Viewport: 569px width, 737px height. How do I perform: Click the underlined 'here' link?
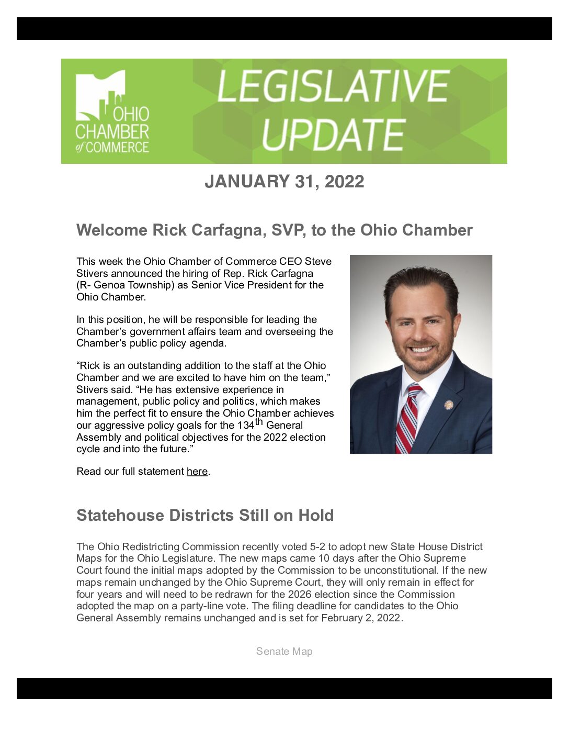[x=197, y=472]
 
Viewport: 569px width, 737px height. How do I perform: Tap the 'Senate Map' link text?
[x=284, y=651]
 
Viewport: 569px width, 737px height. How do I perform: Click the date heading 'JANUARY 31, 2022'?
[x=284, y=182]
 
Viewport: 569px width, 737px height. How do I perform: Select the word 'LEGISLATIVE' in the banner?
[x=333, y=86]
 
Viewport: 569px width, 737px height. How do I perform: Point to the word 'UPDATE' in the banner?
[x=333, y=135]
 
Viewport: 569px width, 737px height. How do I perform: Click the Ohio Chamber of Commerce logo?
[x=112, y=111]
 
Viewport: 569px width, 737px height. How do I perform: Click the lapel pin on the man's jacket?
[x=448, y=405]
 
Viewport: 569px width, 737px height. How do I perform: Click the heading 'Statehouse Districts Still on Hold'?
[x=205, y=515]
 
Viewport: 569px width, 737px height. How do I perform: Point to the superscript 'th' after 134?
[x=259, y=421]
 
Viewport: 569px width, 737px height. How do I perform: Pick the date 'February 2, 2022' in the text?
[x=361, y=618]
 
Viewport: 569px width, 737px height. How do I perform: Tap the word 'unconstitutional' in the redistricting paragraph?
[x=412, y=571]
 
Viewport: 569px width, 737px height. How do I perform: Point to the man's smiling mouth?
[x=423, y=348]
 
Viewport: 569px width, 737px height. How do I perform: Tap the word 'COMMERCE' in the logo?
[x=117, y=148]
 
